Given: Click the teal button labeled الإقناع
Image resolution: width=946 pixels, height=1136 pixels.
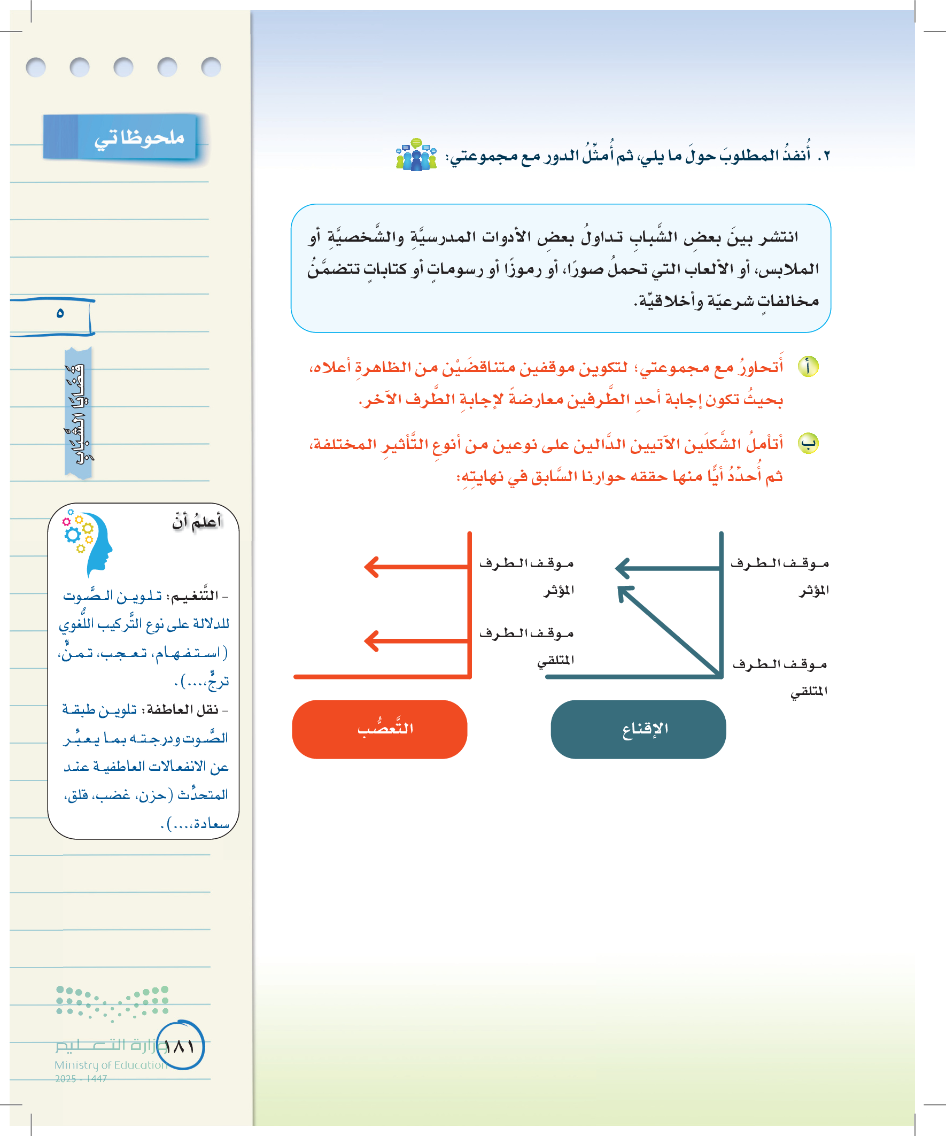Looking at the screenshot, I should [x=638, y=729].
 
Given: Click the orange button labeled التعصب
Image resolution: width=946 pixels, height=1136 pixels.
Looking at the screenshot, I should [x=379, y=729].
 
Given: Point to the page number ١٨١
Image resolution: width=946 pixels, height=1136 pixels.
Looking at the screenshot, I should [x=180, y=1046].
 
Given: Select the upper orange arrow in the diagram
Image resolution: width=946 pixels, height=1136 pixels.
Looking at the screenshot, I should [x=416, y=567].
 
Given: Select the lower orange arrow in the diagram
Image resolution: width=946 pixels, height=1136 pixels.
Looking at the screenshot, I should [x=416, y=641].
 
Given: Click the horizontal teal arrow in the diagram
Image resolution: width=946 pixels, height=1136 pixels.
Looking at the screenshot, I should [x=669, y=568].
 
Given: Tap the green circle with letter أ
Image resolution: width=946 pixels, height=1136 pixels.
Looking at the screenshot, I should [x=808, y=367].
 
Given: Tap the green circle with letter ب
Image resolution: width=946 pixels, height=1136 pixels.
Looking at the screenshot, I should [x=808, y=444].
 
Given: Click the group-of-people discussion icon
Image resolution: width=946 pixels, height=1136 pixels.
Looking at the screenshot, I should [x=416, y=155].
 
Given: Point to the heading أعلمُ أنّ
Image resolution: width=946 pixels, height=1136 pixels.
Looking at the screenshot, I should [x=197, y=521].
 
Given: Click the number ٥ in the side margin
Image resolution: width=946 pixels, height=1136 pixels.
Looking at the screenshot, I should [x=60, y=313].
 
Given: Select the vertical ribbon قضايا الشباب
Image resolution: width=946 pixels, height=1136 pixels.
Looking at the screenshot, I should [x=79, y=413].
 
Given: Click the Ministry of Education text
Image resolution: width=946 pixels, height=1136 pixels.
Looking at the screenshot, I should [x=111, y=1064].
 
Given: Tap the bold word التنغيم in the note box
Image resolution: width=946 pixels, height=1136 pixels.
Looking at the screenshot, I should [x=194, y=596].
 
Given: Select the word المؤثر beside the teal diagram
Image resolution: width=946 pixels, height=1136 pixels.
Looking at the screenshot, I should [x=813, y=590].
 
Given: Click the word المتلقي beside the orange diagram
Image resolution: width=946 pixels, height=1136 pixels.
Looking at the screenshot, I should [x=555, y=661].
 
